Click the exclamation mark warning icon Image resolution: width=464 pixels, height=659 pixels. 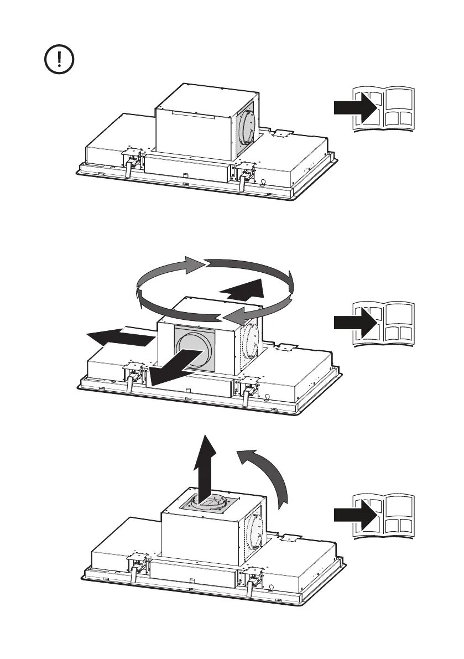[x=60, y=60]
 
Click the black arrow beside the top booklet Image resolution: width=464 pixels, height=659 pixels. [x=356, y=108]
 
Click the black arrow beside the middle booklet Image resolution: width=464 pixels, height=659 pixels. [x=356, y=323]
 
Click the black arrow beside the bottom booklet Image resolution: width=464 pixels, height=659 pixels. [x=356, y=515]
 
